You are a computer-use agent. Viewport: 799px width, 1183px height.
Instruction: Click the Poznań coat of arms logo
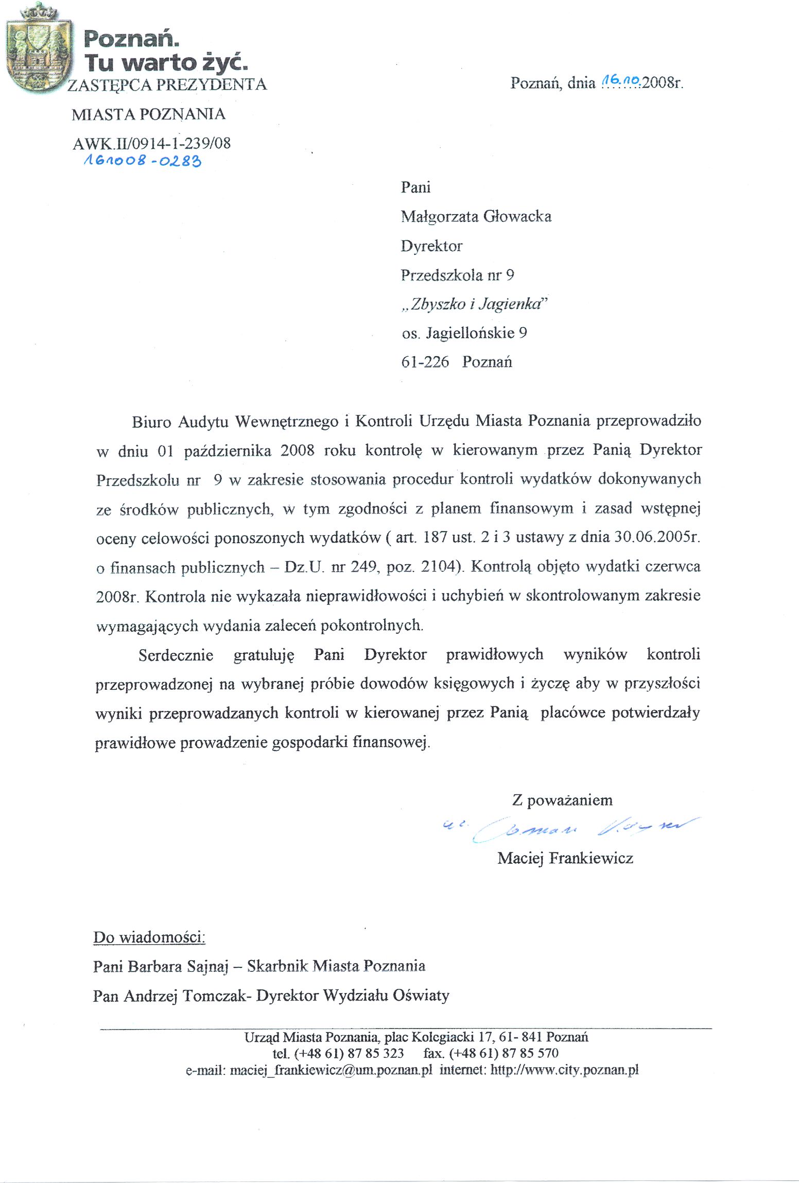pos(39,49)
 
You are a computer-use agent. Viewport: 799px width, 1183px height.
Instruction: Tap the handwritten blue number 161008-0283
pos(142,161)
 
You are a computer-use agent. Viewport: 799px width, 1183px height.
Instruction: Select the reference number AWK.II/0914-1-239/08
pos(151,143)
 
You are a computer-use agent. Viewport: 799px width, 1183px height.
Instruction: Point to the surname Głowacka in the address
pos(517,216)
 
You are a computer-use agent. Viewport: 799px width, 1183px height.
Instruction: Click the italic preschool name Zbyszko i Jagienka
pos(474,304)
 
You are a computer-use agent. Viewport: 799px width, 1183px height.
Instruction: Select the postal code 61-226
pos(425,362)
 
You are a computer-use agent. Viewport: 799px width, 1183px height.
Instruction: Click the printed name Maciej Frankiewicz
pos(565,858)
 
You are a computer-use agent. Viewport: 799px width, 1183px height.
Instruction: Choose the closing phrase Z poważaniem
pos(562,800)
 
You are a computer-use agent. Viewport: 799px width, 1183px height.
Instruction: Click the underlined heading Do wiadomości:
pos(149,937)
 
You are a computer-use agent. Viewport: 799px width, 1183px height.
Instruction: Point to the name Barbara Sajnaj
pos(178,966)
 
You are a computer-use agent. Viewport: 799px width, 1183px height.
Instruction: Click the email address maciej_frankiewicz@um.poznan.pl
pos(331,1070)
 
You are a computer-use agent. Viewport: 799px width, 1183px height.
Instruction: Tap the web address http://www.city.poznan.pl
pos(564,1070)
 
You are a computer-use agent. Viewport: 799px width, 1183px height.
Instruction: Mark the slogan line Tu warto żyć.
pos(166,63)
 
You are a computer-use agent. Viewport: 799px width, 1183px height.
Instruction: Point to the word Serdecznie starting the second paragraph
pos(176,655)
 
